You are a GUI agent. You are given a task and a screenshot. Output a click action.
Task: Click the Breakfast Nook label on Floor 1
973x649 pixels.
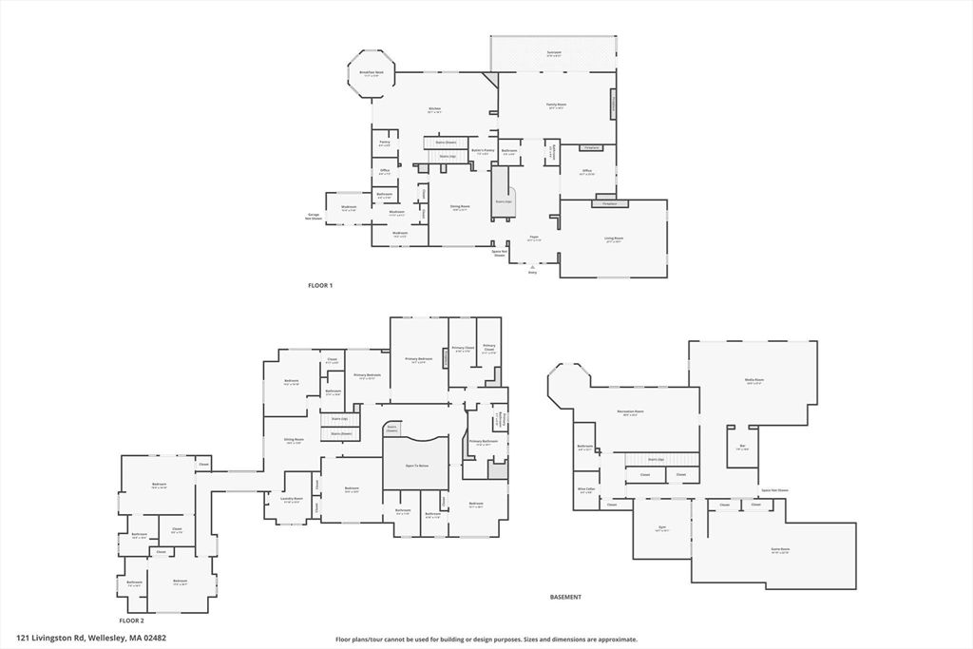pyautogui.click(x=372, y=73)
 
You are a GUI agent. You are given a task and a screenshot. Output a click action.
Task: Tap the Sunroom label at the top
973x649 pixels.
pyautogui.click(x=554, y=52)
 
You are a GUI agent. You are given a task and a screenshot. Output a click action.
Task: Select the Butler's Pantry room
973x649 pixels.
pyautogui.click(x=483, y=150)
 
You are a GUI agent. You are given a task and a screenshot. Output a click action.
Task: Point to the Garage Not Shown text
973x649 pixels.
pyautogui.click(x=313, y=216)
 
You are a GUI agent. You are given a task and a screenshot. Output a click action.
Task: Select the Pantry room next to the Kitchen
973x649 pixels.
pyautogui.click(x=385, y=143)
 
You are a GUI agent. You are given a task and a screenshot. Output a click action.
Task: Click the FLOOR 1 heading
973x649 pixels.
pyautogui.click(x=320, y=285)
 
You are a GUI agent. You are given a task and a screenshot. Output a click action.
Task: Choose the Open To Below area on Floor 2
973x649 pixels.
pyautogui.click(x=416, y=466)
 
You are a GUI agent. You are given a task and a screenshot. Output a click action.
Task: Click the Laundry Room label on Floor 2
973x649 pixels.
pyautogui.click(x=291, y=499)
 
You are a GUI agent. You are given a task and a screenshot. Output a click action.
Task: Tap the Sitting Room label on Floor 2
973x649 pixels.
pyautogui.click(x=295, y=440)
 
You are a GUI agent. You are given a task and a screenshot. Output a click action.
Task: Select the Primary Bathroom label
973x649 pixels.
pyautogui.click(x=483, y=443)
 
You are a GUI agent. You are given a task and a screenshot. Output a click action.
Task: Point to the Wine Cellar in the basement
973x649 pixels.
pyautogui.click(x=586, y=490)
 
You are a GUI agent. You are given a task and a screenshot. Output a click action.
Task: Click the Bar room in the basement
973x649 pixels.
pyautogui.click(x=742, y=447)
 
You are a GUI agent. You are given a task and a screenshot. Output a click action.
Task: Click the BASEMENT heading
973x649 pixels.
pyautogui.click(x=565, y=597)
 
